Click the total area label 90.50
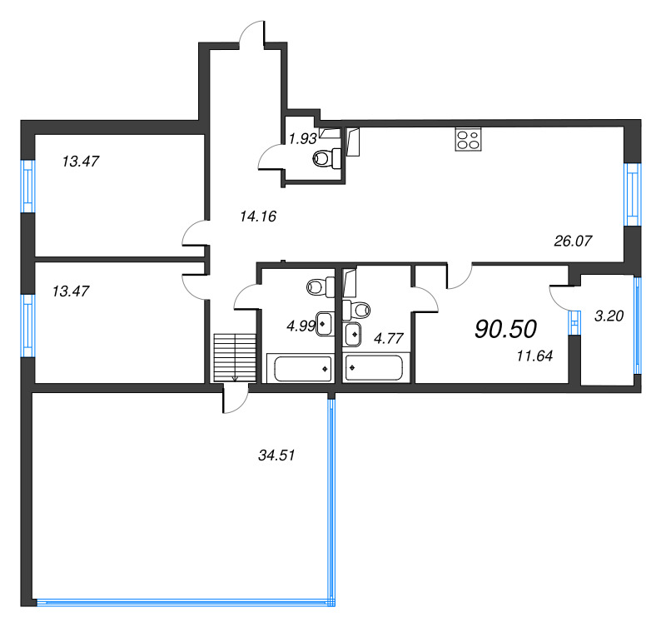click(505, 329)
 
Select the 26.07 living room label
click(572, 241)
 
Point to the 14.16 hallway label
click(257, 216)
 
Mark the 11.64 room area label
click(534, 356)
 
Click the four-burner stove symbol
click(468, 139)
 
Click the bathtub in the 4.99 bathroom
click(299, 366)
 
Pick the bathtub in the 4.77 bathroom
click(374, 366)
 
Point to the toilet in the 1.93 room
click(324, 157)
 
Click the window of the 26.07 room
click(634, 193)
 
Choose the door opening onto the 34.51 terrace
click(236, 400)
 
